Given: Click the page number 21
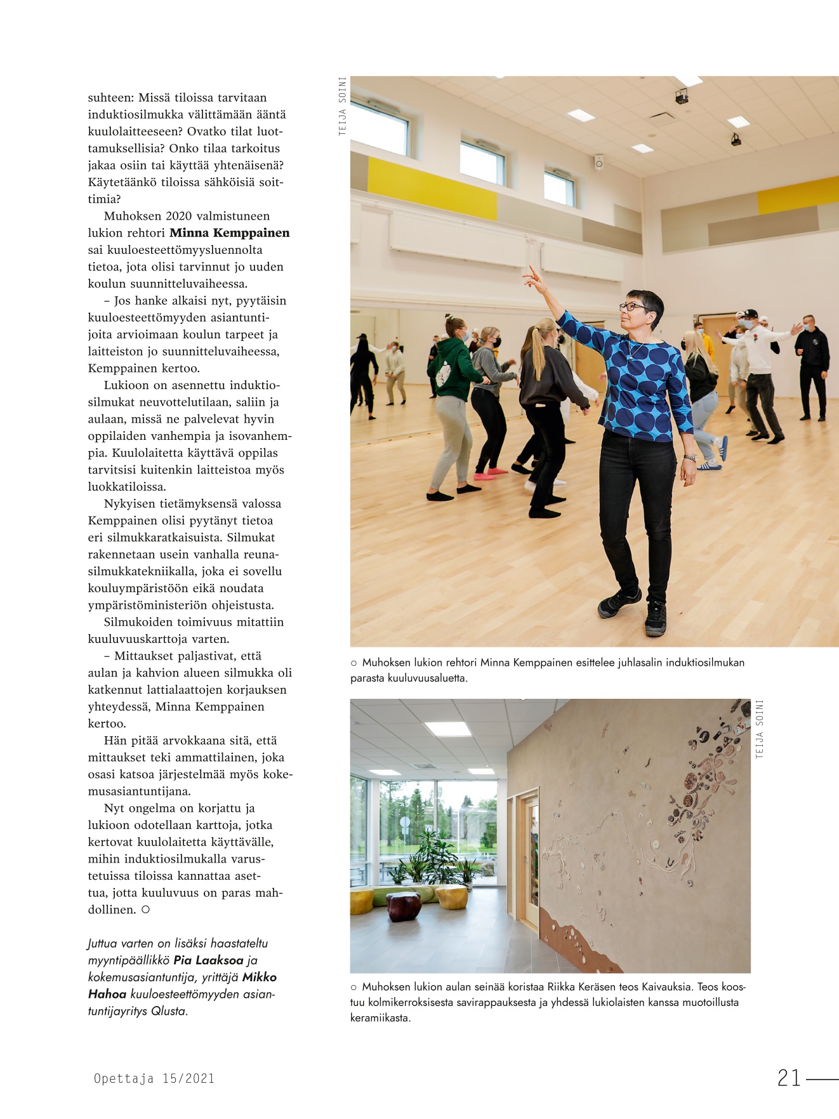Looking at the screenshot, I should click(789, 1078).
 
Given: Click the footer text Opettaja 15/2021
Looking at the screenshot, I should click(154, 1078).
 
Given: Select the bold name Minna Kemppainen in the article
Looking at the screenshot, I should click(229, 233).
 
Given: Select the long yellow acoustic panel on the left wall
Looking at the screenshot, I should click(432, 189).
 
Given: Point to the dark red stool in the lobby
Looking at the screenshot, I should click(404, 906).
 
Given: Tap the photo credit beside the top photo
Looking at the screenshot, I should click(343, 106).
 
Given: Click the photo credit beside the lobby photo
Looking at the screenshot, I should click(760, 729).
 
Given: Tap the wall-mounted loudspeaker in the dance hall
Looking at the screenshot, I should click(598, 162).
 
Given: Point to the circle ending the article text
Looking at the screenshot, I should click(145, 910).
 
